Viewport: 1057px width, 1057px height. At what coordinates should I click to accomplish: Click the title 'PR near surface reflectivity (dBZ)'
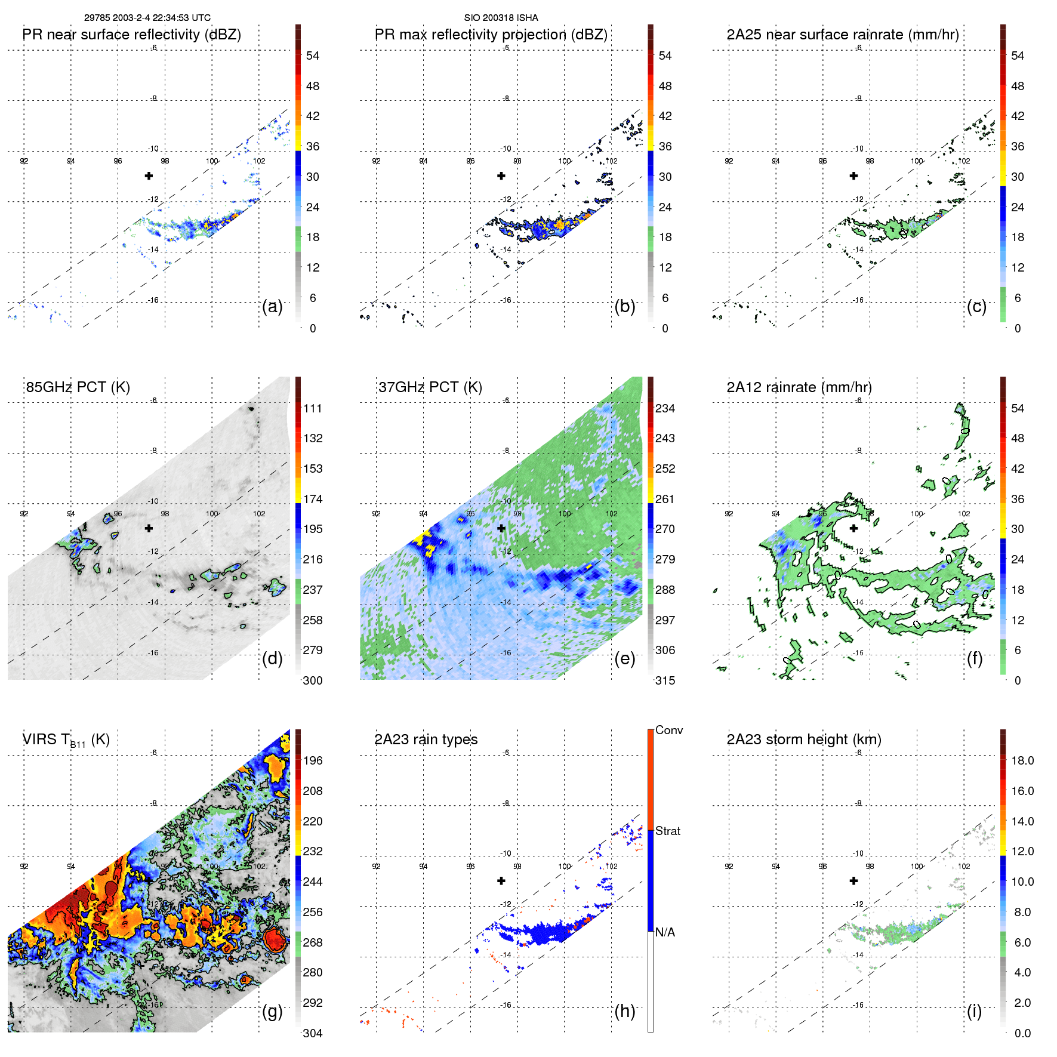[131, 35]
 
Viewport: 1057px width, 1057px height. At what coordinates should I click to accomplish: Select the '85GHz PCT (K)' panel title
[78, 387]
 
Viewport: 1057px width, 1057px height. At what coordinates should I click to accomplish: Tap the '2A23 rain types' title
[426, 739]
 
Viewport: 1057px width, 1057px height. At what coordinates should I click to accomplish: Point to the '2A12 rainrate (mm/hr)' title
[799, 387]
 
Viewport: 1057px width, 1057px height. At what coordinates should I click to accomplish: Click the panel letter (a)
[272, 307]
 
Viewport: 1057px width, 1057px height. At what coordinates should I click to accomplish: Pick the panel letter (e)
[624, 659]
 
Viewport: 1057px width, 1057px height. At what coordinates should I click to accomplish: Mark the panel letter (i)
[974, 1011]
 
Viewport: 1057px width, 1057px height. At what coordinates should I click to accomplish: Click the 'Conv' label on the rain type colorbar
[669, 731]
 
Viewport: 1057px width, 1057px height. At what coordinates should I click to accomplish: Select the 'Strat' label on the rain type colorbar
[668, 831]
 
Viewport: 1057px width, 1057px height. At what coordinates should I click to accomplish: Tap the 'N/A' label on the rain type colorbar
[665, 932]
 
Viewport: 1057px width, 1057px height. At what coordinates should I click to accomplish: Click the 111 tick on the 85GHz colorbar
[313, 409]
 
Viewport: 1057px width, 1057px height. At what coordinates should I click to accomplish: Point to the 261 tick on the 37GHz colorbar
[665, 500]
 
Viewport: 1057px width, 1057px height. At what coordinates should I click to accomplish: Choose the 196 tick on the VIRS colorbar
[313, 761]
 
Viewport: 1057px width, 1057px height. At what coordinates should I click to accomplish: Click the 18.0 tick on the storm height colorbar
[1022, 761]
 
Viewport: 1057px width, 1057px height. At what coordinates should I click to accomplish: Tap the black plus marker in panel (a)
[149, 175]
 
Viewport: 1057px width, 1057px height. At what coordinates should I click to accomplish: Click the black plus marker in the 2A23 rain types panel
[501, 880]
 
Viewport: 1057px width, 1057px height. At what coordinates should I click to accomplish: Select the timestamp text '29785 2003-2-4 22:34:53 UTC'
[147, 18]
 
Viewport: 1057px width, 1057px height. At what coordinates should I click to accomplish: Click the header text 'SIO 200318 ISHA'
[501, 18]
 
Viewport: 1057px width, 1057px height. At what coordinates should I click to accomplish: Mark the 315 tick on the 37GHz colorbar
[665, 681]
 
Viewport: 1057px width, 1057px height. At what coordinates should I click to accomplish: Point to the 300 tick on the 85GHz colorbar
[313, 681]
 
